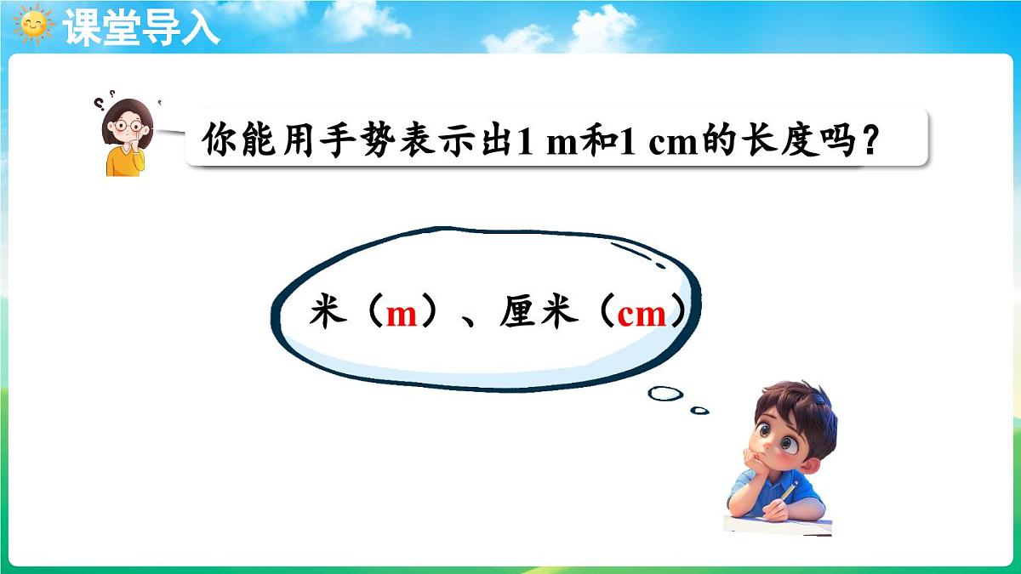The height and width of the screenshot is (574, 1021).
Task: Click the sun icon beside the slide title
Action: point(34,25)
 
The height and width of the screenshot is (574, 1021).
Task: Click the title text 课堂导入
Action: point(141,26)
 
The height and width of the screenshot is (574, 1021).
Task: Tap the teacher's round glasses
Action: point(128,126)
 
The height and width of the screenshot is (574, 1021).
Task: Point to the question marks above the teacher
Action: point(103,104)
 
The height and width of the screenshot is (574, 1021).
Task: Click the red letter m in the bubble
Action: point(401,315)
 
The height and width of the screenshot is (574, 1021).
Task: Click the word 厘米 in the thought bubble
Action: point(539,314)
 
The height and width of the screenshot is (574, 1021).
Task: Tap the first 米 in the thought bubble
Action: point(328,314)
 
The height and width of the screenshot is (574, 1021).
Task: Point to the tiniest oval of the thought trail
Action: point(699,410)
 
